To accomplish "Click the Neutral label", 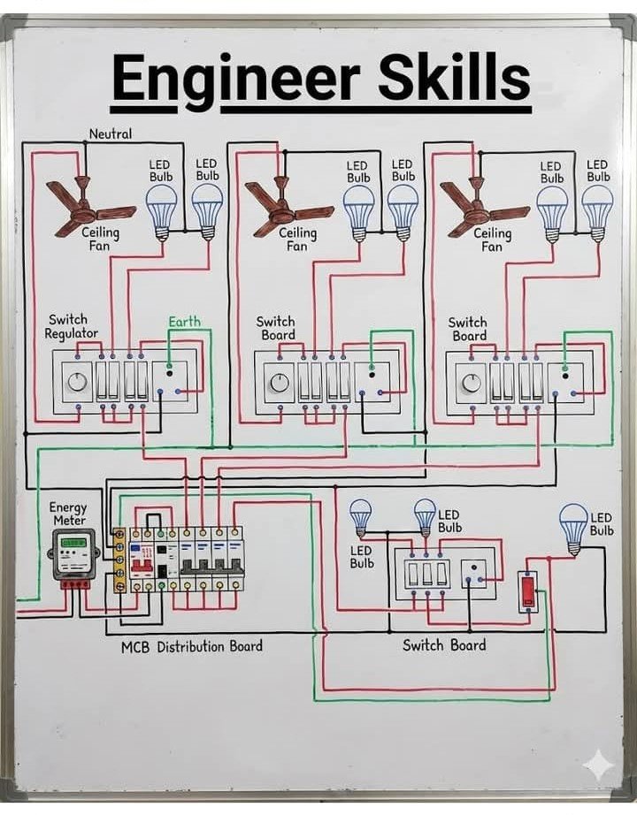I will [x=110, y=134].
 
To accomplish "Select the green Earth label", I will [x=185, y=322].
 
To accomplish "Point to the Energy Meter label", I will [x=68, y=514].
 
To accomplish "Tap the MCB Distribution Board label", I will [x=191, y=646].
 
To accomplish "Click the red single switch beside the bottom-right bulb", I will [x=528, y=590].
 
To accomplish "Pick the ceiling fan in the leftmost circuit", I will [x=88, y=206].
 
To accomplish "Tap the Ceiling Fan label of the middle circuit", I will [x=297, y=239].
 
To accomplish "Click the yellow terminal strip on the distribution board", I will [x=119, y=560].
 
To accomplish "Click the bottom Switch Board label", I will [x=444, y=645].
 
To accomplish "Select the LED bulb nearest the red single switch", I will [x=573, y=528].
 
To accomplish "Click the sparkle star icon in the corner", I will [x=599, y=764].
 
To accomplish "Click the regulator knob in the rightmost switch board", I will [x=472, y=383].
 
